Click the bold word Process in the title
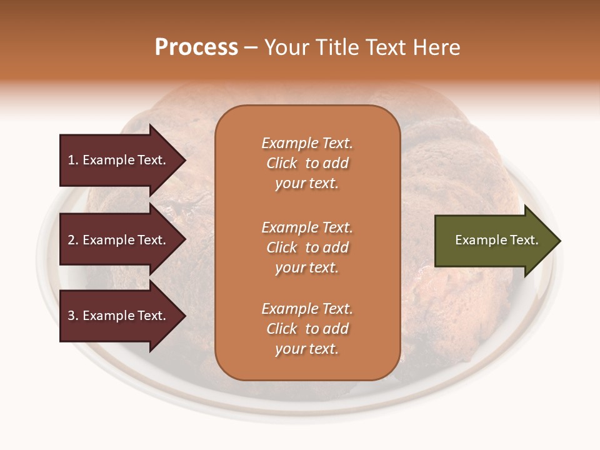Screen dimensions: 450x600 pos(196,47)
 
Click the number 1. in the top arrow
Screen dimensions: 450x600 pos(73,160)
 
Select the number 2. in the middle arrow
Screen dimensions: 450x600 pos(73,240)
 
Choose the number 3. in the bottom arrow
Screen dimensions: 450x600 pos(73,316)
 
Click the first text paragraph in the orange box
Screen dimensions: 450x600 pos(307,163)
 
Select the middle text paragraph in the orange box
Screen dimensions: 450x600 pos(307,247)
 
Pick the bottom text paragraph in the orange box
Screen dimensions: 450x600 pos(307,329)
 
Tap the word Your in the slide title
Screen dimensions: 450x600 pos(286,47)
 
